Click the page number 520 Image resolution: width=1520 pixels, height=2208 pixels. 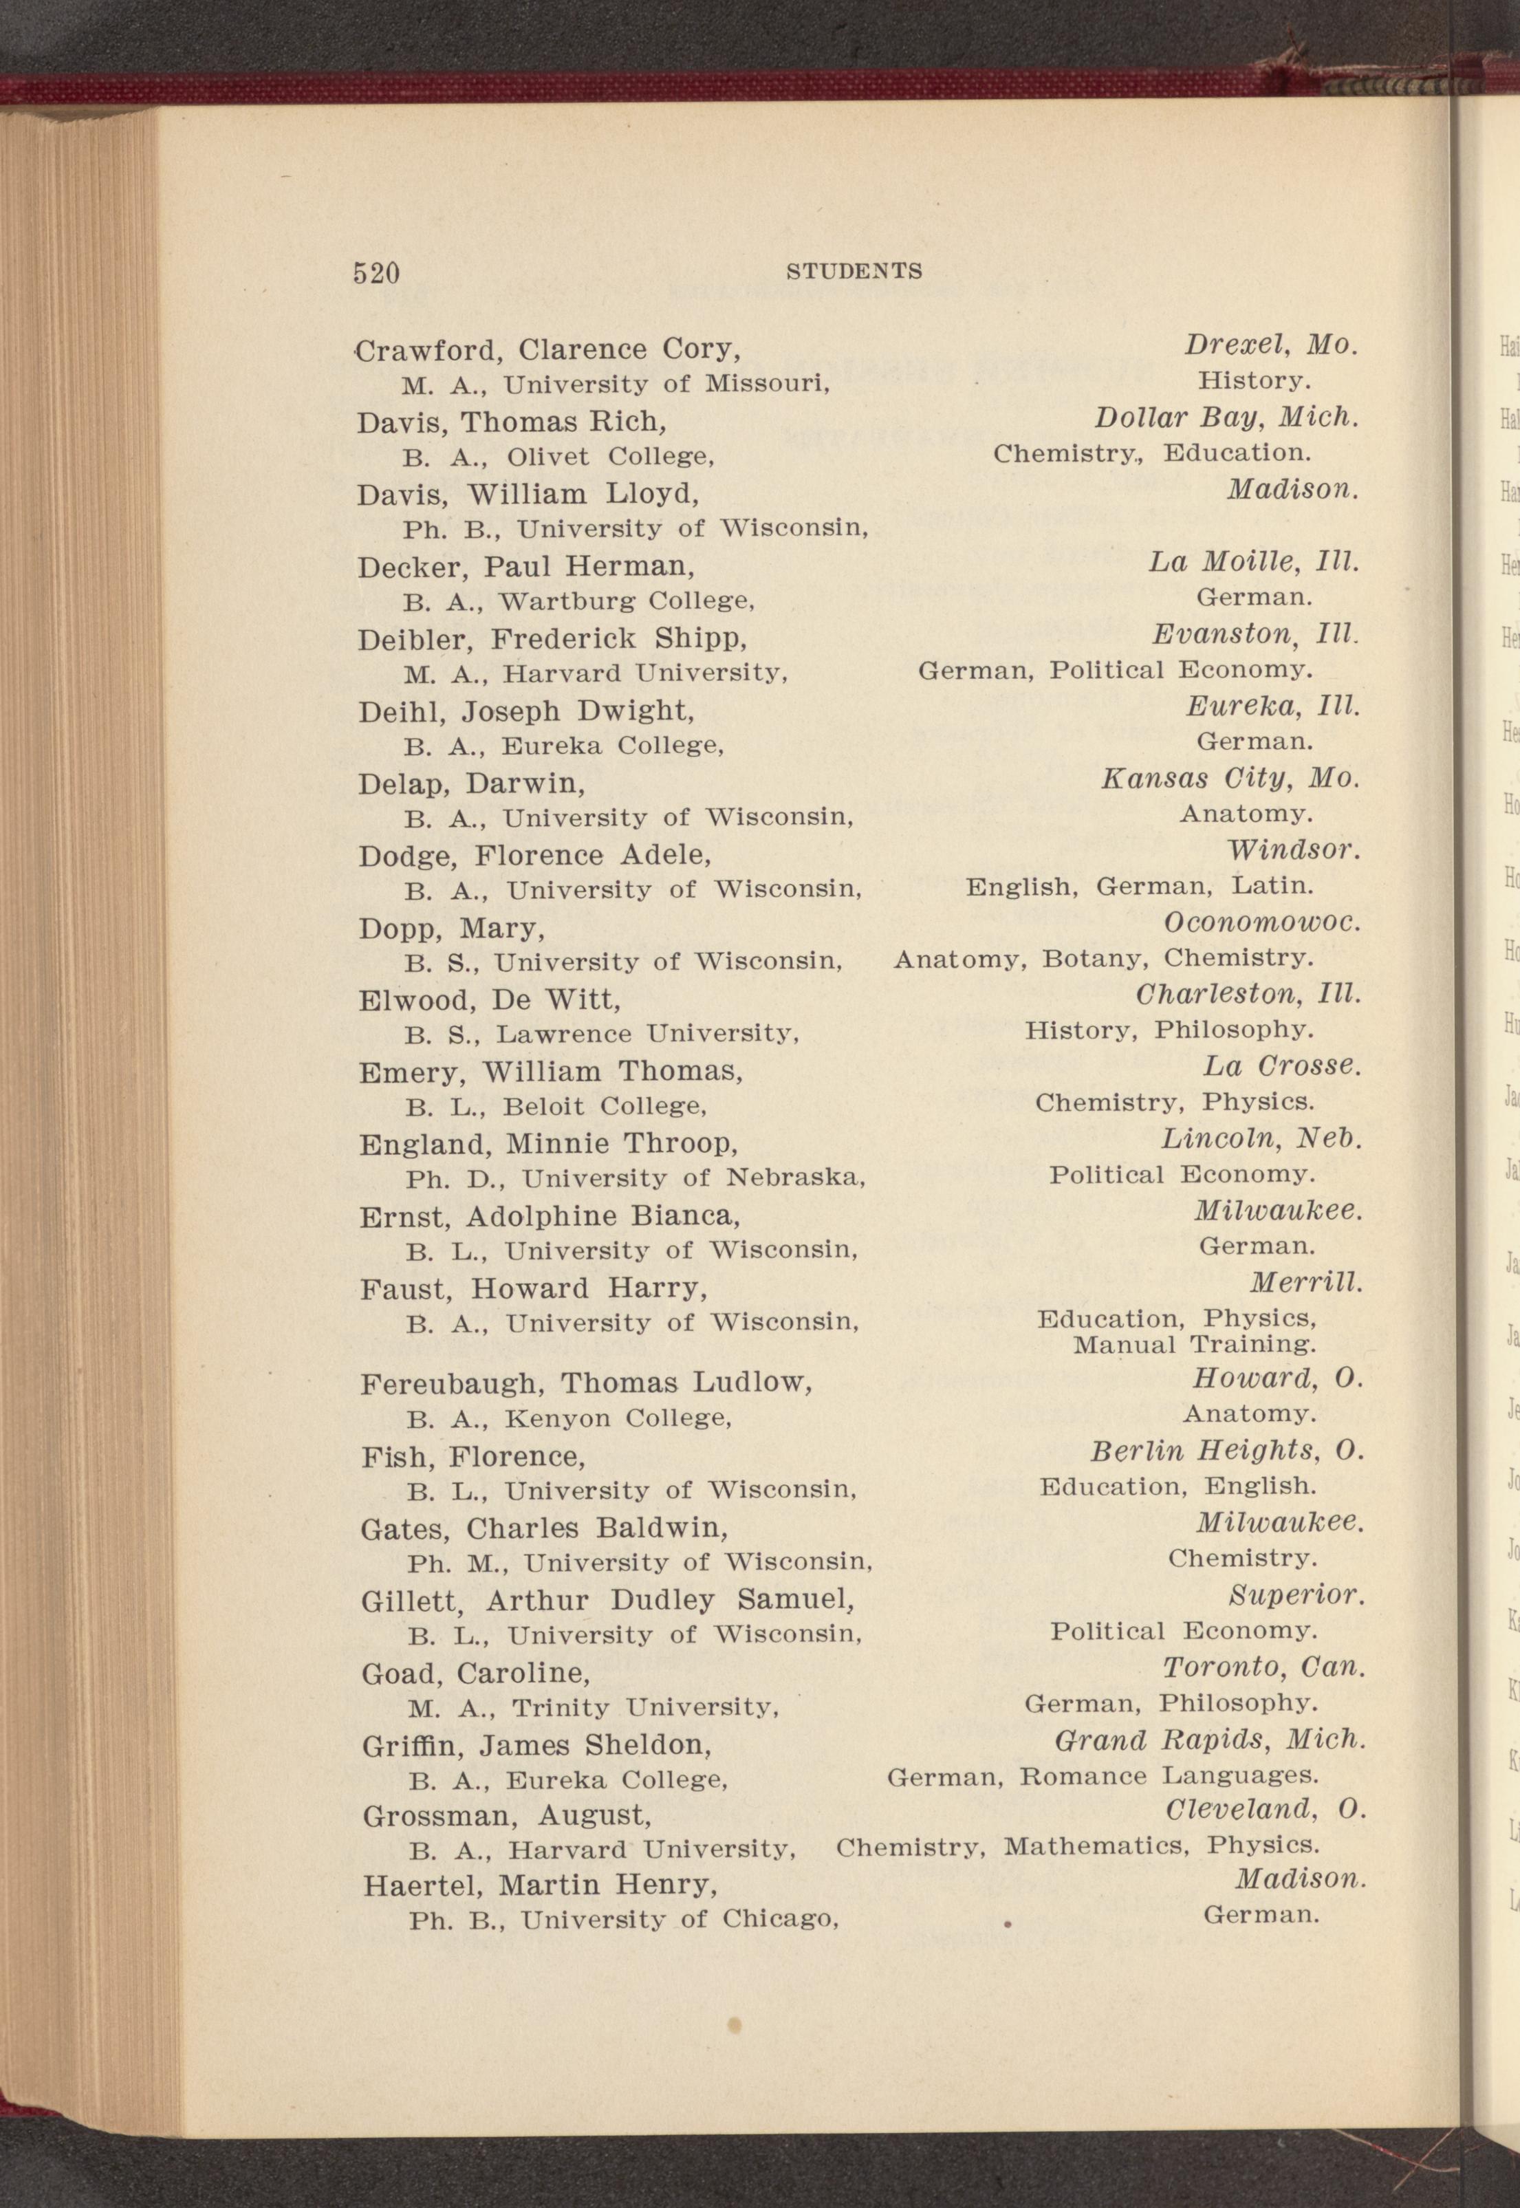click(376, 273)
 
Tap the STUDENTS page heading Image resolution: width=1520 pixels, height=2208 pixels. click(854, 272)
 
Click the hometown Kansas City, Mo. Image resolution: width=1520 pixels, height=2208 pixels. click(1230, 778)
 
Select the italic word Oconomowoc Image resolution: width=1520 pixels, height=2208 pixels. click(1263, 922)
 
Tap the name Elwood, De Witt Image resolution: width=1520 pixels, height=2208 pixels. click(490, 1000)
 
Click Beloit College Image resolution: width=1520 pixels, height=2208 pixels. click(604, 1107)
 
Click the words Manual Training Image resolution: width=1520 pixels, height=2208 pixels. click(1194, 1345)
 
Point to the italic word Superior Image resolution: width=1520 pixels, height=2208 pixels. click(1296, 1596)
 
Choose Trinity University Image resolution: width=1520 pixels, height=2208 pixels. click(646, 1707)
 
